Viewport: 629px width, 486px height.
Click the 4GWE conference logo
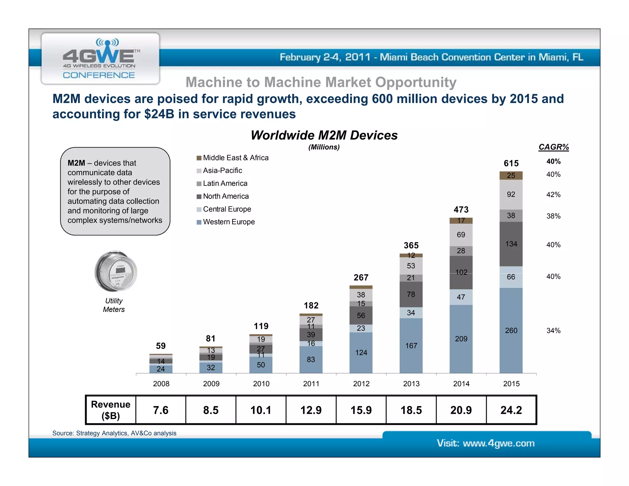click(100, 58)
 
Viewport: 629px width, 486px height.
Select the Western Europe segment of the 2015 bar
click(511, 331)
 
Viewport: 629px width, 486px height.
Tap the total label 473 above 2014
click(461, 210)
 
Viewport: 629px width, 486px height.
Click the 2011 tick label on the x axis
click(311, 384)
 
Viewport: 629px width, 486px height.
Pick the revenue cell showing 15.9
click(361, 410)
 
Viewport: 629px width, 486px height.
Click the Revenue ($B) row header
click(111, 410)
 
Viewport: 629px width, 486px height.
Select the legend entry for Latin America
click(225, 183)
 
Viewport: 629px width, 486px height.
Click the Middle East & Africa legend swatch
click(199, 158)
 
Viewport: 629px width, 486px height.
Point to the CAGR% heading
click(553, 147)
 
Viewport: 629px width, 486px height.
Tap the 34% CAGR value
click(553, 331)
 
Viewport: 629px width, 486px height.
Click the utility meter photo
click(115, 271)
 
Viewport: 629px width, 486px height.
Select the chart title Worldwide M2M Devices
click(324, 135)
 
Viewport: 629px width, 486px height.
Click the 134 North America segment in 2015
click(511, 244)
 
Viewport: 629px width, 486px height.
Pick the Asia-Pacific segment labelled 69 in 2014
click(461, 235)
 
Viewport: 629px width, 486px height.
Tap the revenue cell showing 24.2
click(511, 410)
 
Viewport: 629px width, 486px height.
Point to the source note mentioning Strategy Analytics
click(114, 433)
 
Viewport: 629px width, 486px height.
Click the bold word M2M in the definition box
click(76, 163)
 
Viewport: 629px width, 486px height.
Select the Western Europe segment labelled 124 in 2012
click(361, 353)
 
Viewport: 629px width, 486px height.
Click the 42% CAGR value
click(553, 195)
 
